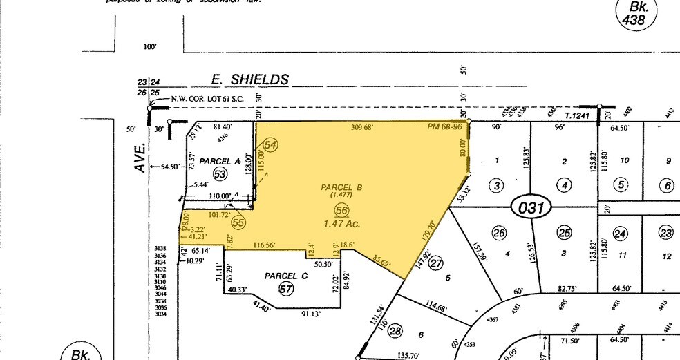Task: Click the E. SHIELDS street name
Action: pyautogui.click(x=249, y=80)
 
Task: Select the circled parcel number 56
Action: pyautogui.click(x=341, y=210)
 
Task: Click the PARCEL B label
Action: pyautogui.click(x=341, y=187)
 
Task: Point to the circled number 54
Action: pyautogui.click(x=270, y=144)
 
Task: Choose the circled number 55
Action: pyautogui.click(x=239, y=222)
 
